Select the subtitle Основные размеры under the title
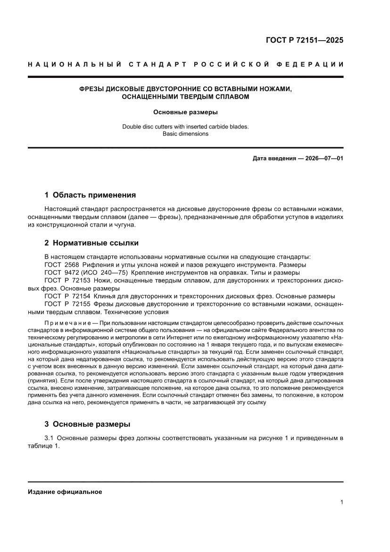point(185,112)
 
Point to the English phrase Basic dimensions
point(185,134)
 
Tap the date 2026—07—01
point(319,158)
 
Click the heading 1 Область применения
point(90,195)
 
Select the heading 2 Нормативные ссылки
point(91,243)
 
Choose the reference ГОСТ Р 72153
point(64,280)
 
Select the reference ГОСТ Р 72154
point(64,296)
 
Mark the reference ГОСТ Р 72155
point(64,304)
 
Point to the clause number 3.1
point(50,438)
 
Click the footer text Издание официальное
point(65,492)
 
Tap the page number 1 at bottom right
point(341,503)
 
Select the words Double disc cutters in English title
point(148,127)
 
